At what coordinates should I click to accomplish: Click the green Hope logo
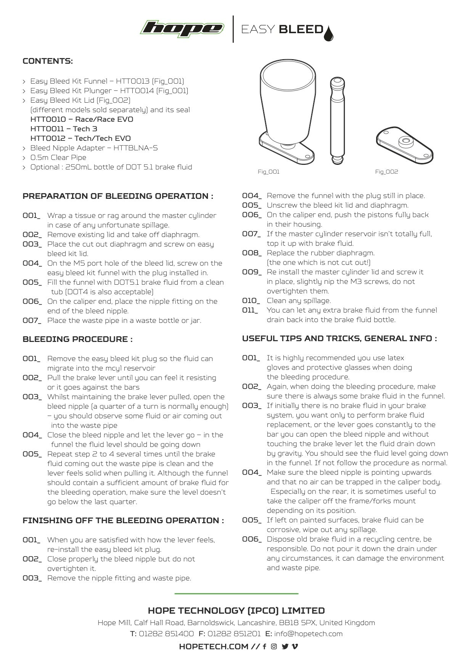point(182,29)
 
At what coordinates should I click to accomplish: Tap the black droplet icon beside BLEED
point(328,33)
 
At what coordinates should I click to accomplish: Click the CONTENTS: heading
point(48,61)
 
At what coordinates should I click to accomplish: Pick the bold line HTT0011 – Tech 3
point(64,129)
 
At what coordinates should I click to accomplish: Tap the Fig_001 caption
point(269,172)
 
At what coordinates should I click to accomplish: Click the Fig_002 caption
point(386,172)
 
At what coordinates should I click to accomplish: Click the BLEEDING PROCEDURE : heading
point(77,339)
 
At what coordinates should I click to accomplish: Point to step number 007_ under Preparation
point(32,321)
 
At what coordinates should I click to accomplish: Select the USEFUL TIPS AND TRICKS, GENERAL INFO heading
point(339,339)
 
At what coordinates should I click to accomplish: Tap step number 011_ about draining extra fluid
point(250,310)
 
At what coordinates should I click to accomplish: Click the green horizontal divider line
point(236,593)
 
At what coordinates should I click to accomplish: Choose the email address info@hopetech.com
point(308,634)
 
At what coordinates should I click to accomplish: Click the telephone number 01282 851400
point(166,634)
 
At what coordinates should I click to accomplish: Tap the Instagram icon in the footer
point(274,646)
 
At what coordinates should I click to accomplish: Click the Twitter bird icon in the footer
point(285,646)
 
